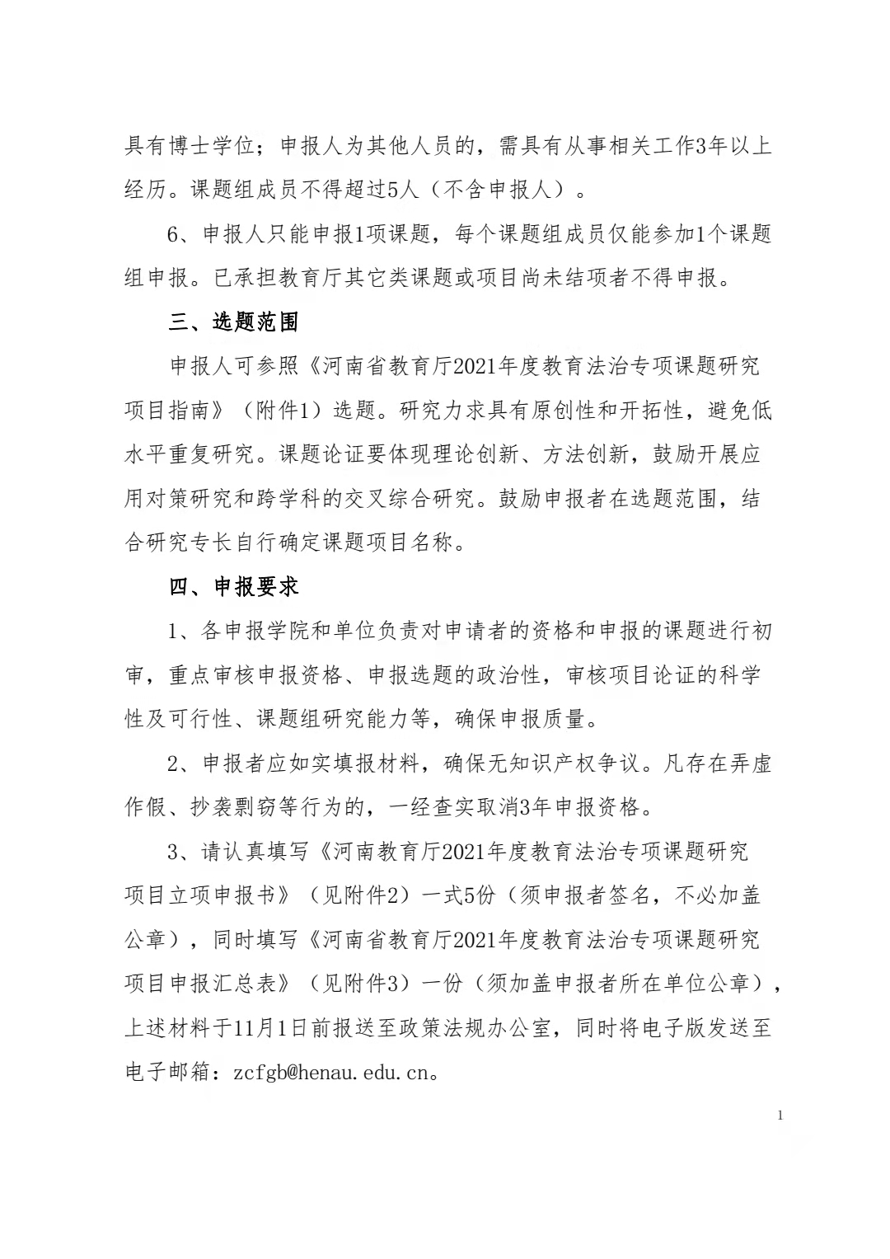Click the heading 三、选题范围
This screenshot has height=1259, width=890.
pyautogui.click(x=233, y=322)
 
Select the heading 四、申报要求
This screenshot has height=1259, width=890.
pyautogui.click(x=233, y=587)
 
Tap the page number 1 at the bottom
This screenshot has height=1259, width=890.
pyautogui.click(x=780, y=1116)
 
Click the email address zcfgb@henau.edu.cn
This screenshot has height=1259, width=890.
pyautogui.click(x=335, y=1073)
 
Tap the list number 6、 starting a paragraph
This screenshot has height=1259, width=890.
pyautogui.click(x=180, y=235)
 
